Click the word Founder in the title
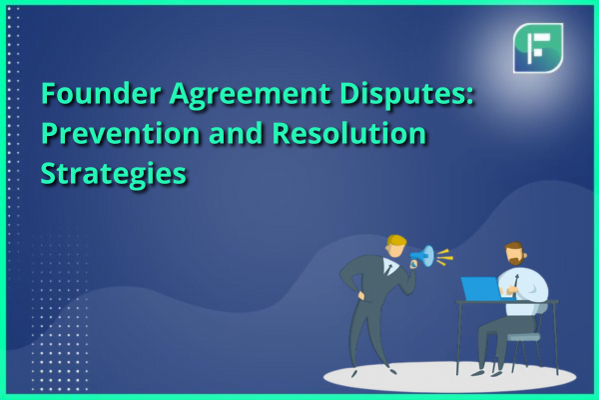[x=101, y=93]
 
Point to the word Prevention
[x=121, y=133]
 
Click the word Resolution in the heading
[x=349, y=133]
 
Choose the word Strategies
[x=114, y=174]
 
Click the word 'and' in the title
[x=236, y=133]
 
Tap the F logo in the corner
[x=538, y=48]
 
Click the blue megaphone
[x=422, y=256]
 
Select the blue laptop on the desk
[x=481, y=289]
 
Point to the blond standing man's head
[x=395, y=247]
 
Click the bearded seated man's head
[x=515, y=253]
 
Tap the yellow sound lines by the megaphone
[x=444, y=257]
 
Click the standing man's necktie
[x=389, y=269]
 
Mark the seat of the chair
[x=524, y=337]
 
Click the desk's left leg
[x=458, y=339]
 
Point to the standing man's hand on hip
[x=360, y=296]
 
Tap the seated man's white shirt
[x=526, y=290]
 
